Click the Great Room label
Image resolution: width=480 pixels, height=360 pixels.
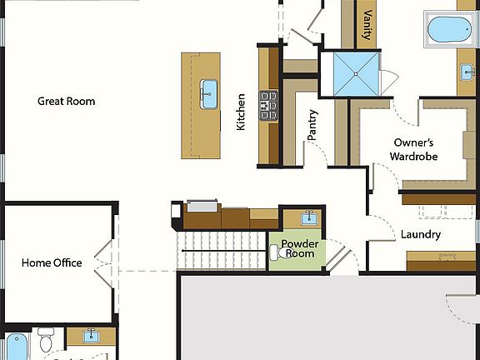pos(66,101)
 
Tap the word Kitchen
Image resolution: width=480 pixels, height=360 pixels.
pos(241,111)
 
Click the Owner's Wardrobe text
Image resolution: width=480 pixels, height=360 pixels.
pos(414,149)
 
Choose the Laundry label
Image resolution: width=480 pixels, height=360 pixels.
pos(420,234)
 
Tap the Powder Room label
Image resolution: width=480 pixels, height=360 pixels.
pos(297,248)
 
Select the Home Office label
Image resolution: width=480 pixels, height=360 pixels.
pos(52,262)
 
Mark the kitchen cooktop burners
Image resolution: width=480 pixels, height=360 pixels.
pos(269,106)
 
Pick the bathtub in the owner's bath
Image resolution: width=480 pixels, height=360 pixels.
pos(449,29)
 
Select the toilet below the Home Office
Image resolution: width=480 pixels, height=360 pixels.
pos(46,340)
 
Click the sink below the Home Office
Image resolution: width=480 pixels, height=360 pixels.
pos(90,337)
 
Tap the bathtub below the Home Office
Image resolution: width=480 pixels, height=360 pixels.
pos(17,347)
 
